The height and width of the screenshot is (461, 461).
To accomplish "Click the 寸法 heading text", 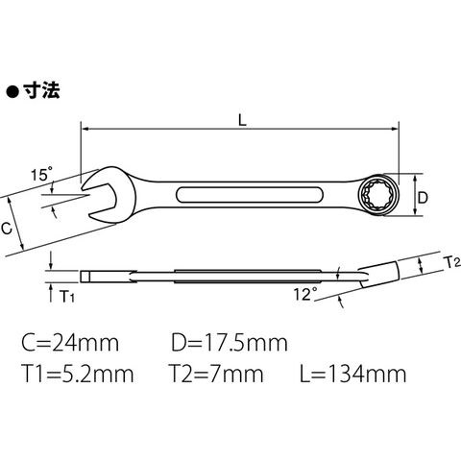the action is pyautogui.click(x=41, y=90).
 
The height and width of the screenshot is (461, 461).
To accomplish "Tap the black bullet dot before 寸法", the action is pyautogui.click(x=12, y=92).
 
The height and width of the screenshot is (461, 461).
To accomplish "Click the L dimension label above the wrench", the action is pyautogui.click(x=242, y=119).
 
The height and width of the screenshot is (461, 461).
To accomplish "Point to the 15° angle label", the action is pyautogui.click(x=42, y=175).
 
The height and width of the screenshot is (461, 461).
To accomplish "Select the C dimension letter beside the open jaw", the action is pyautogui.click(x=7, y=229).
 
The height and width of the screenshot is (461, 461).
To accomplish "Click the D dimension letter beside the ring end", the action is pyautogui.click(x=423, y=198).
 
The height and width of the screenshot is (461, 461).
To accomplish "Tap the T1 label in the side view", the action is pyautogui.click(x=67, y=297).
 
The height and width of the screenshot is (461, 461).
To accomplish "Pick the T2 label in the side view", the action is pyautogui.click(x=452, y=263).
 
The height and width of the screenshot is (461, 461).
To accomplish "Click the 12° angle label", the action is pyautogui.click(x=305, y=294).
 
